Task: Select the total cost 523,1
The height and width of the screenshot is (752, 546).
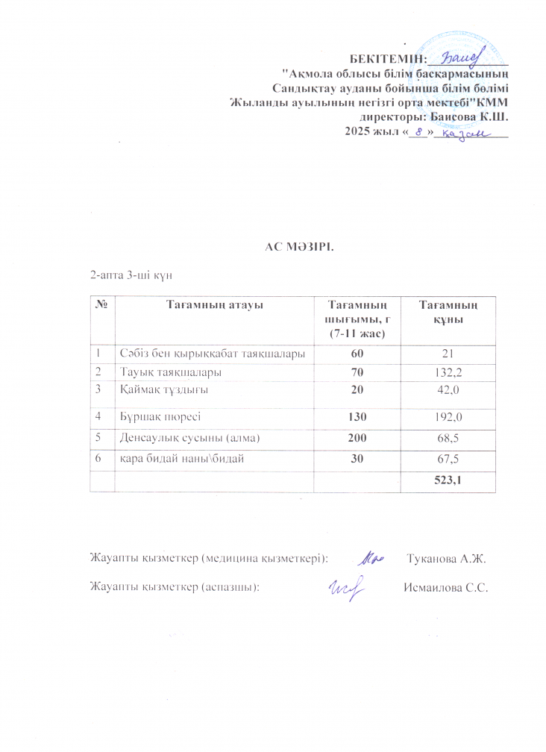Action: pos(445,481)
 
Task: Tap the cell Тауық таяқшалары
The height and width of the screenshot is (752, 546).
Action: pos(169,371)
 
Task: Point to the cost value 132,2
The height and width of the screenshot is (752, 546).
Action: pos(446,371)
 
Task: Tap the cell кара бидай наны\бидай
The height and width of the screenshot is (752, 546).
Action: pos(181,457)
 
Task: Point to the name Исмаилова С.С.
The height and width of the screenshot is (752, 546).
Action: pos(445,586)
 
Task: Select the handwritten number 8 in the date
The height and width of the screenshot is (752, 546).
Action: pos(420,132)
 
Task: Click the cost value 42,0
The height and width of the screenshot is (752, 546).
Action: pos(446,389)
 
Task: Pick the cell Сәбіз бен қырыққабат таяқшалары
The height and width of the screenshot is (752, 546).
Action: pos(212,352)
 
